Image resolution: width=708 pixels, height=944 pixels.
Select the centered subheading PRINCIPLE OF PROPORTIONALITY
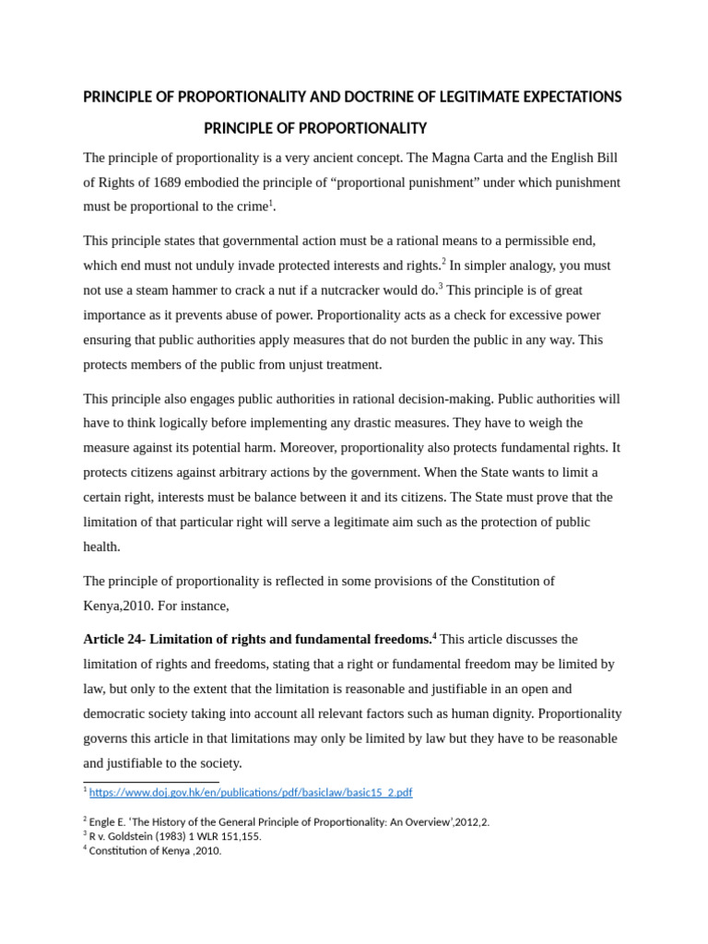click(x=315, y=127)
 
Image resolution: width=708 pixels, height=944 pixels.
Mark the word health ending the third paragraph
click(x=100, y=547)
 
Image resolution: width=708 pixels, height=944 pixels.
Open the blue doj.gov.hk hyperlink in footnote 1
click(x=251, y=792)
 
